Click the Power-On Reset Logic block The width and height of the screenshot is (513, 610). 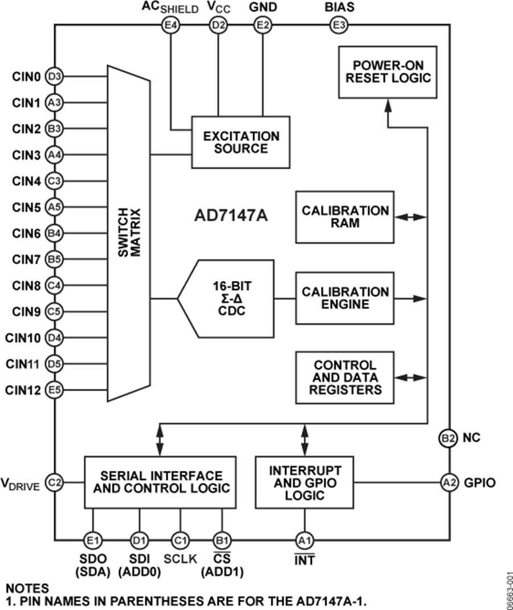click(387, 72)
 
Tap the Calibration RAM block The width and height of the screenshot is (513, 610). click(345, 217)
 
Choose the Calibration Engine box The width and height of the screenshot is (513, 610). click(345, 298)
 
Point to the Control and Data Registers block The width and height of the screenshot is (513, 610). click(345, 377)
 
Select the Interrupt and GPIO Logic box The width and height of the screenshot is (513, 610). click(305, 482)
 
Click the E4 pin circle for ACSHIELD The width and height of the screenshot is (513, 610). click(170, 25)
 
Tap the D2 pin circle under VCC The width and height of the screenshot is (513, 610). click(217, 25)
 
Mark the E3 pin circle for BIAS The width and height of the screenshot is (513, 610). click(339, 25)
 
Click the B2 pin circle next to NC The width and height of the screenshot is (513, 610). click(448, 438)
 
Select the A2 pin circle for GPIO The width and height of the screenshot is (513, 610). click(449, 483)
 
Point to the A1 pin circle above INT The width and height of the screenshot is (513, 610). click(304, 539)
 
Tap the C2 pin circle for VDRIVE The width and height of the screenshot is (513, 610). click(55, 482)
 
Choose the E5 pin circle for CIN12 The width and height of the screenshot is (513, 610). click(54, 391)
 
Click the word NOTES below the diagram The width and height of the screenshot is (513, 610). click(27, 587)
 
